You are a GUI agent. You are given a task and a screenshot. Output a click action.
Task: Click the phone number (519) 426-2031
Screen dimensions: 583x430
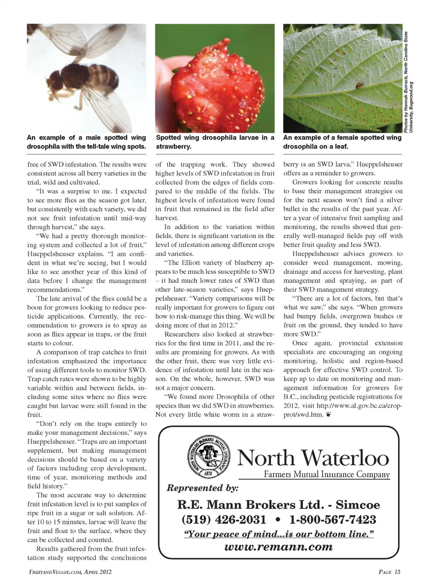(x=224, y=519)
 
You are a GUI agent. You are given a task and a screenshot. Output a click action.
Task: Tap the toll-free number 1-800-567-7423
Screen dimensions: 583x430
(x=333, y=519)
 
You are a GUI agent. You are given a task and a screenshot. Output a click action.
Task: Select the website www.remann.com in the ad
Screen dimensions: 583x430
(x=278, y=547)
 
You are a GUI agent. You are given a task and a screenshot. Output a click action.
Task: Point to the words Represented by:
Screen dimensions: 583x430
(x=202, y=488)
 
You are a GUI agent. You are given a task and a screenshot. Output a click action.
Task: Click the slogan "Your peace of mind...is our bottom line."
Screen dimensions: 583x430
(x=279, y=534)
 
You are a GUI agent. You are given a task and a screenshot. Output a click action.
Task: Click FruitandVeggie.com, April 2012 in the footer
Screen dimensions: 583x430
(x=69, y=572)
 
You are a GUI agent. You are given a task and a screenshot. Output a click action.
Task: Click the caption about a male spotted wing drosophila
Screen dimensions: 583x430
(x=86, y=142)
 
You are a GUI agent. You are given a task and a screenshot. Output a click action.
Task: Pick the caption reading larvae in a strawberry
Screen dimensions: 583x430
(x=215, y=142)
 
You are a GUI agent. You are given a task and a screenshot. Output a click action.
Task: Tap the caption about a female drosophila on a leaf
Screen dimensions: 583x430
(x=342, y=142)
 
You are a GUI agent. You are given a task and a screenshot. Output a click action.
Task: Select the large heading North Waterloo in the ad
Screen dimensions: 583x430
(x=313, y=458)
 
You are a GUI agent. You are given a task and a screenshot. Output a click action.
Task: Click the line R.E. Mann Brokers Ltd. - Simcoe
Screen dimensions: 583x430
(x=279, y=505)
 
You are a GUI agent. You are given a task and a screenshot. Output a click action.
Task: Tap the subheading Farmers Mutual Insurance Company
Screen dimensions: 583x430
(x=327, y=474)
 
